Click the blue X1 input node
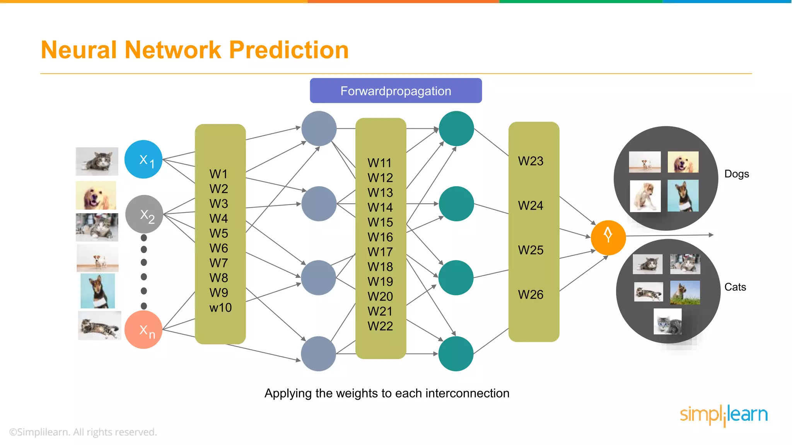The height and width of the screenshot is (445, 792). coord(143,159)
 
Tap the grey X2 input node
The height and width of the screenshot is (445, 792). coord(144,214)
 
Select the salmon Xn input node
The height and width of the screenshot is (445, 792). coord(143,330)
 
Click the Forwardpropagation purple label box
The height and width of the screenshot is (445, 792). coord(396,91)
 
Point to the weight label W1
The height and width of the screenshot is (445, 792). coord(218,174)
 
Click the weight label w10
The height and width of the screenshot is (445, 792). coord(220,307)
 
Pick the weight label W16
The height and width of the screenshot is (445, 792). coord(380,237)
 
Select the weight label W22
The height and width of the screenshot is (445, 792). coord(380,326)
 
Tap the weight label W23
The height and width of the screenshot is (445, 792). coord(531,161)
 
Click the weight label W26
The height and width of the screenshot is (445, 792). coord(531,294)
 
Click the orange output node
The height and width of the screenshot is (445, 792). coord(608,237)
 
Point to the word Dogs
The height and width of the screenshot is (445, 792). coord(736,174)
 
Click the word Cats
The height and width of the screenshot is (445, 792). coord(735,287)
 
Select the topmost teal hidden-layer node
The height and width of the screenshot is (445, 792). coord(456,129)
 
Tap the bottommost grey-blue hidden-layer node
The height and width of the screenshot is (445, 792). coord(319,353)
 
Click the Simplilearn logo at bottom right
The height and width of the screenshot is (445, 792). coord(724,415)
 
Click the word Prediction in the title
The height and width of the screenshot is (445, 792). coord(289,50)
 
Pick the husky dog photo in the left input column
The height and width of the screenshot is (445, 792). coord(97,291)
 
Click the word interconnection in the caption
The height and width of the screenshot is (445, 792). coord(467,393)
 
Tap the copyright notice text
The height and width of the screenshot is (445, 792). coord(83,432)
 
